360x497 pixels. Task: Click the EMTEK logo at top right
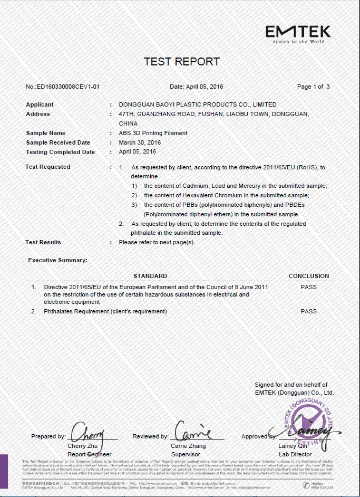click(x=298, y=33)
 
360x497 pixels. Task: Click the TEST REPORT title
click(x=181, y=62)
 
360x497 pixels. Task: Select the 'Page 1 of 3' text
click(x=313, y=87)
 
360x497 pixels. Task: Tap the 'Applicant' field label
click(x=40, y=104)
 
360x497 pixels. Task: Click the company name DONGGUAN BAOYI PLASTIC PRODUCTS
click(x=197, y=104)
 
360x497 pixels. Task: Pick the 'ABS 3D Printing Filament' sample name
click(x=153, y=133)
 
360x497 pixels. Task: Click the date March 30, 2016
click(x=140, y=142)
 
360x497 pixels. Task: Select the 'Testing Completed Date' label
click(x=61, y=152)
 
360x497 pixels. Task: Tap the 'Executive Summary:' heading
click(x=57, y=260)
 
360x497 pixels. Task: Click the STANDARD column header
click(x=150, y=276)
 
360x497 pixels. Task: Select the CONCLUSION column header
click(x=309, y=276)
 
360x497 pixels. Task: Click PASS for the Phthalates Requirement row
click(x=309, y=311)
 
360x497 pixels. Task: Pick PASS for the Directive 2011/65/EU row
click(x=309, y=287)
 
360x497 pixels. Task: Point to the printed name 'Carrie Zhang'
click(x=188, y=446)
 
